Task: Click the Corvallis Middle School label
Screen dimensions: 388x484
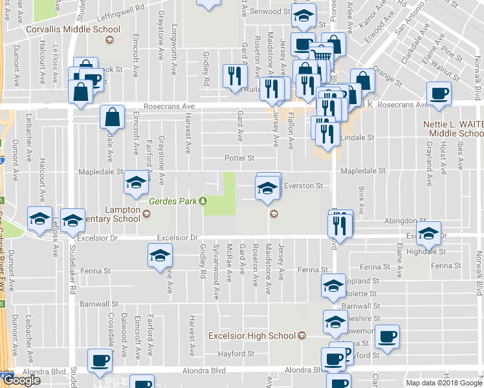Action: pos(72,29)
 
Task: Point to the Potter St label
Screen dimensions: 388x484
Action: pos(239,158)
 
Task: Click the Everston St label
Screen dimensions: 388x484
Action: pos(303,186)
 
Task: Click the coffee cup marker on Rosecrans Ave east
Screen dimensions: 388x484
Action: pos(439,92)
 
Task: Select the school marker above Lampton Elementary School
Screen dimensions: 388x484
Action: pos(136,183)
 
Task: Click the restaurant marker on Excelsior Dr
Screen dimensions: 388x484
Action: pos(340,224)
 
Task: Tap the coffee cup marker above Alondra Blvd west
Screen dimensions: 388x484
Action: pos(100,360)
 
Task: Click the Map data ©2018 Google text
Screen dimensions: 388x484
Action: pos(443,383)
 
